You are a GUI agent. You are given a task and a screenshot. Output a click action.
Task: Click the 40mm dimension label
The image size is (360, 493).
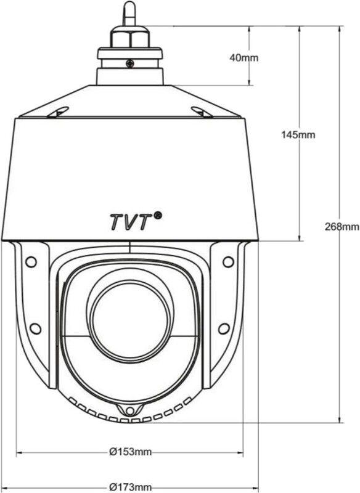coord(243,57)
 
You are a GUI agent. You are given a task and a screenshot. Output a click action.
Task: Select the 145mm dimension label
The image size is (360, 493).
coord(298,134)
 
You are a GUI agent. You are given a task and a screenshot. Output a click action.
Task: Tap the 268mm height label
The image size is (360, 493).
coord(342,226)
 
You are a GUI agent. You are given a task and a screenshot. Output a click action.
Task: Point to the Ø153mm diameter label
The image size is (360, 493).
coord(130,452)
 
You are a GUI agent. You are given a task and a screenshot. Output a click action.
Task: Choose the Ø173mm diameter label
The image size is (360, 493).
coord(130,487)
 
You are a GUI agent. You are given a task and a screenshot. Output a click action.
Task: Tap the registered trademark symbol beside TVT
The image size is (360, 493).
coord(158,215)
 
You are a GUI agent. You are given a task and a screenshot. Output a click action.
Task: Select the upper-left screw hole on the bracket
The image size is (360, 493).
coord(31,261)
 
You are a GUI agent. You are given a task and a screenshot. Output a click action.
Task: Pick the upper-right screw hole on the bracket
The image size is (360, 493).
coord(228,261)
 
